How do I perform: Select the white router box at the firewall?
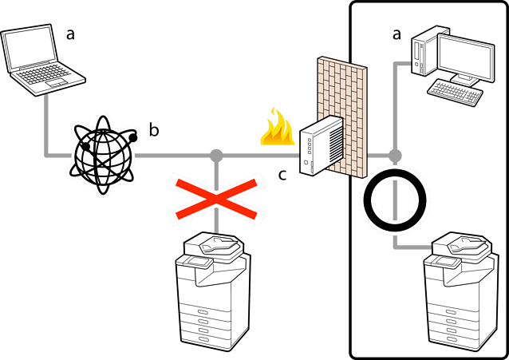(322, 144)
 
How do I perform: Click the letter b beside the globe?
(155, 129)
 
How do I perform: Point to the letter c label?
(282, 174)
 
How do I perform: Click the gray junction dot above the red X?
(215, 155)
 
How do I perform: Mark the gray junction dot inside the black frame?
(395, 155)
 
